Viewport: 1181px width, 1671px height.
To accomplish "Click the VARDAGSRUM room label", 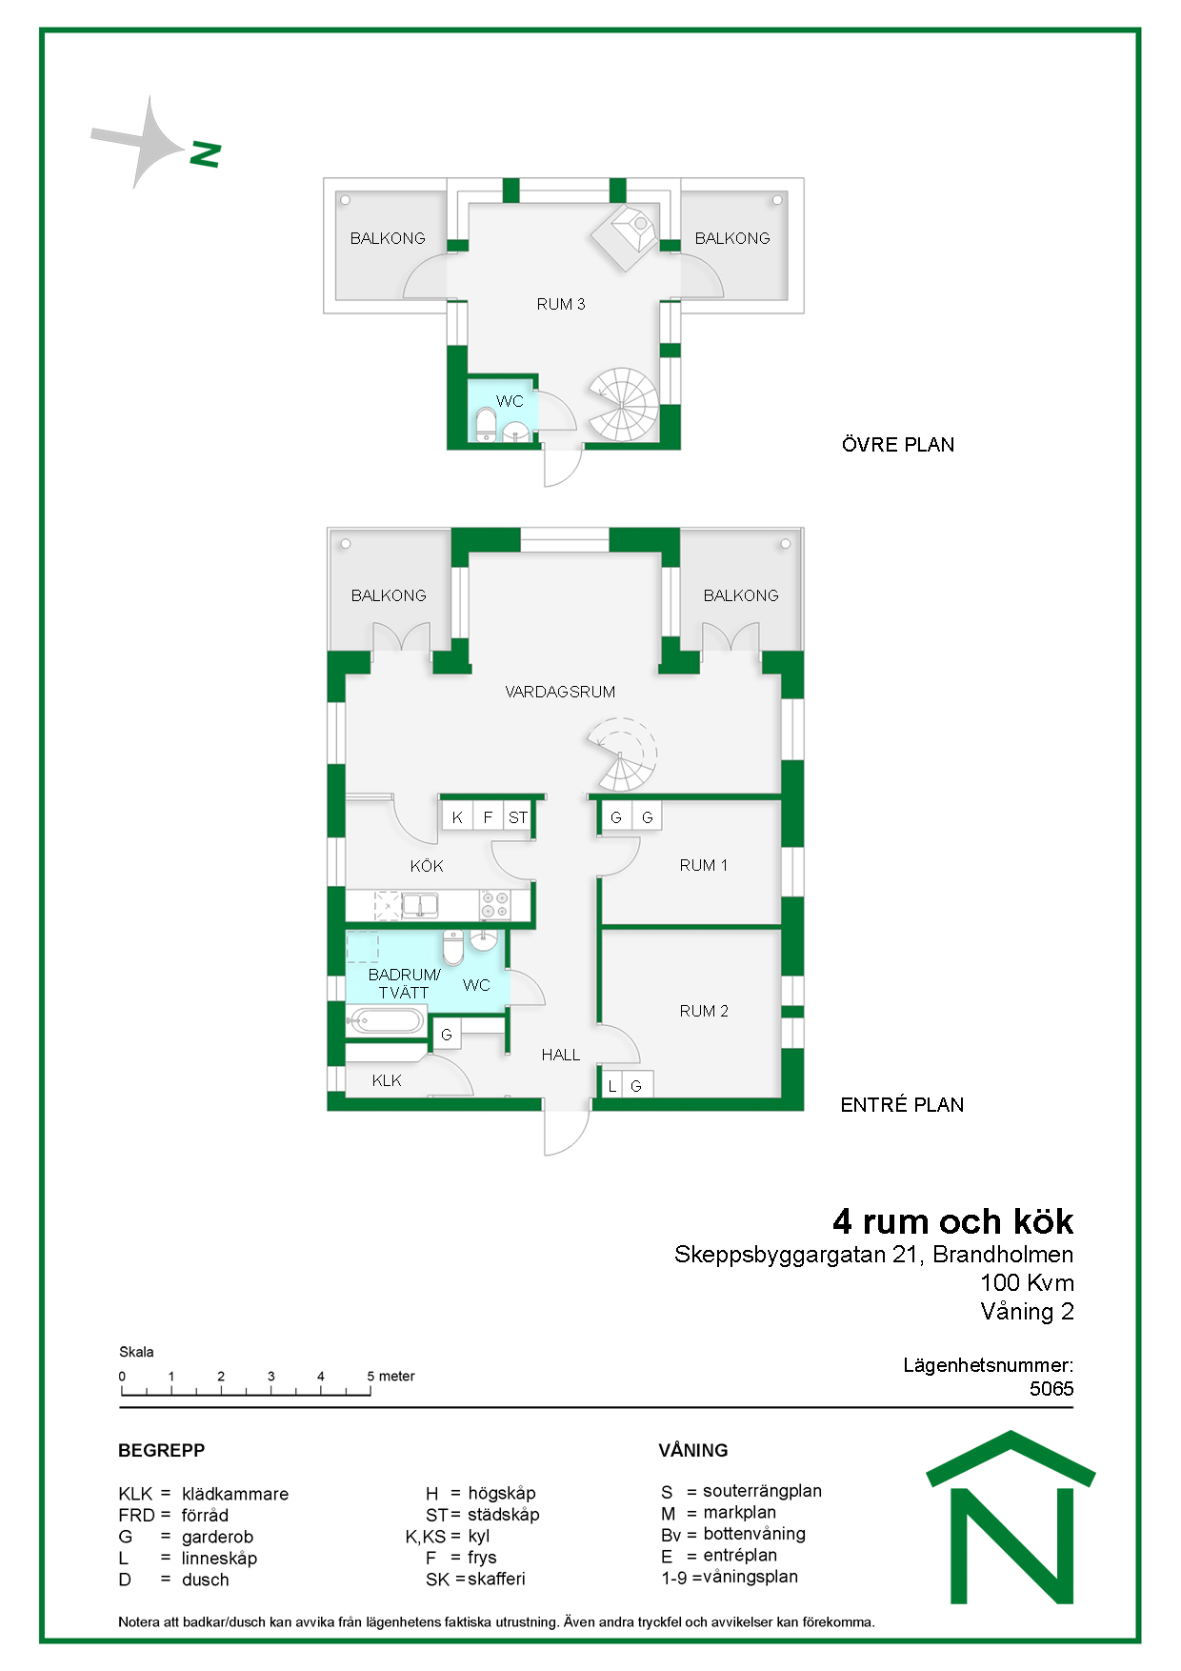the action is point(560,692).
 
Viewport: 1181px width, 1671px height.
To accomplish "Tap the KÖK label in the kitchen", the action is point(427,866).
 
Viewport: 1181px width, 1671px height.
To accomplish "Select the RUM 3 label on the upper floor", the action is point(561,304).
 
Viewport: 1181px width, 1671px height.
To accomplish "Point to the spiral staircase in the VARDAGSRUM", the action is point(622,757).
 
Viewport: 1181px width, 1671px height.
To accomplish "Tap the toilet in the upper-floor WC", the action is point(486,426).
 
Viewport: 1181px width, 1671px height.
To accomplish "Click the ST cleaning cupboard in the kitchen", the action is point(517,817).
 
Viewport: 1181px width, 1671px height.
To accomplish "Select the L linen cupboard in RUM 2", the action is point(612,1085).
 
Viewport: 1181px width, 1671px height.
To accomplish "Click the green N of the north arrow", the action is point(206,154).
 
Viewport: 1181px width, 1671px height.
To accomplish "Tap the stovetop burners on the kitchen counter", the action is point(493,905).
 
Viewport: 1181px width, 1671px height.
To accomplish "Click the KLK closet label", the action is point(387,1080).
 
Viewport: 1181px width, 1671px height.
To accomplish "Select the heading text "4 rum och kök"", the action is point(952,1221).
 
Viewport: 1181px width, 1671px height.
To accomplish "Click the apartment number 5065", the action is point(1051,1389).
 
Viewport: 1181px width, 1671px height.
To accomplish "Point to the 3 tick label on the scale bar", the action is point(270,1376).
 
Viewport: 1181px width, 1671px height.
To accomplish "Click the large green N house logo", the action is point(1011,1518).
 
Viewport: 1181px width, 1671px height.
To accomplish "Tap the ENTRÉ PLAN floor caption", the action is point(902,1105).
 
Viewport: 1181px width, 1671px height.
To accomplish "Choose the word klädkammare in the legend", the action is point(235,1494).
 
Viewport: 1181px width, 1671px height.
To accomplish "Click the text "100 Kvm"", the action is point(1027,1283).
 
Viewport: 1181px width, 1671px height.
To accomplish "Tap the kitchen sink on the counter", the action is point(420,904).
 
